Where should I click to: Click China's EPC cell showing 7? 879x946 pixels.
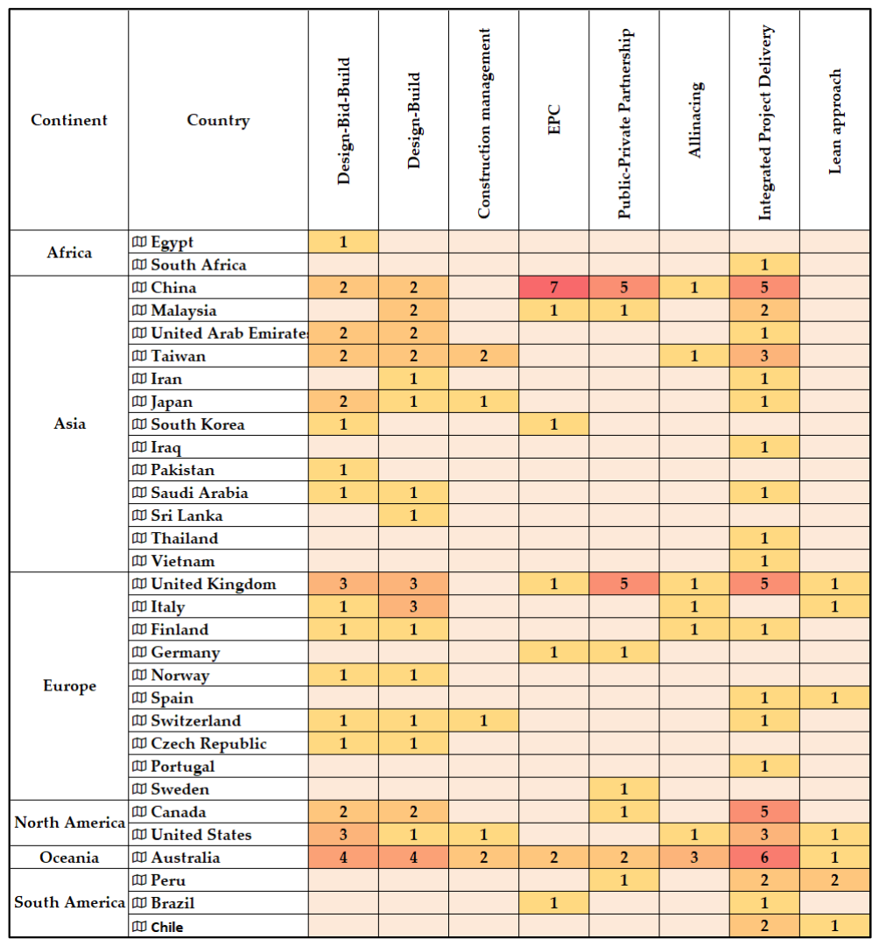tap(553, 287)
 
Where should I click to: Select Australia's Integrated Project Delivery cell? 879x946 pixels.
tap(764, 858)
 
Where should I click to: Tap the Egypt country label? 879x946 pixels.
tap(172, 242)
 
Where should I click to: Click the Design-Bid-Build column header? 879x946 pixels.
tap(343, 121)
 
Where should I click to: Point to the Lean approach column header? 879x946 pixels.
tap(834, 122)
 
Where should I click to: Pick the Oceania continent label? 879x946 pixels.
tap(69, 858)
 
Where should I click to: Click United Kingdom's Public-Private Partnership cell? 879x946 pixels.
tap(623, 584)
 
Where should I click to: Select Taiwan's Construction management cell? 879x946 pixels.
tap(483, 356)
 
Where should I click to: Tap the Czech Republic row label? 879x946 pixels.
tap(208, 744)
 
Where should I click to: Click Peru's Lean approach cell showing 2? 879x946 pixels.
tap(834, 880)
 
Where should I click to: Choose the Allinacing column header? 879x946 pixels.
tap(694, 120)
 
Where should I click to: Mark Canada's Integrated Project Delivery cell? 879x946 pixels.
tap(764, 811)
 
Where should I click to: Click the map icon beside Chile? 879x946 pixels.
tap(139, 927)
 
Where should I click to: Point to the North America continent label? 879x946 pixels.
tap(69, 823)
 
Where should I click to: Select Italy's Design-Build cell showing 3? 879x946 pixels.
tap(413, 606)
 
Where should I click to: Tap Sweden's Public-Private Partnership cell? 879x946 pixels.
tap(623, 789)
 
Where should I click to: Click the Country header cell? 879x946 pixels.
tap(218, 120)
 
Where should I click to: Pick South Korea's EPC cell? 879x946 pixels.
tap(553, 424)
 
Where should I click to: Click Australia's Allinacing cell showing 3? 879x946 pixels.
tap(694, 858)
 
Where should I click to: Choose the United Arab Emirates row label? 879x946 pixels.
tap(229, 333)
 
